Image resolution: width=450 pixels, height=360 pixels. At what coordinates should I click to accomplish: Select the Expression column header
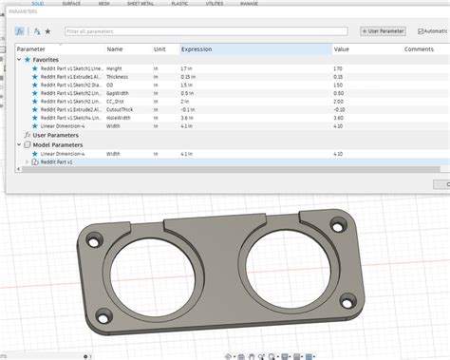click(197, 48)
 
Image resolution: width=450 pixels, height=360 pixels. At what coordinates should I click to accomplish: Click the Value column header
click(341, 48)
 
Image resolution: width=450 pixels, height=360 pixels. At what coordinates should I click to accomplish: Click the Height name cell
click(115, 68)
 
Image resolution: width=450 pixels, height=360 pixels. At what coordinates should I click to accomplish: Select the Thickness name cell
click(119, 77)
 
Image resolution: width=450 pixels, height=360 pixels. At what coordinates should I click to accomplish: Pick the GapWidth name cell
click(119, 93)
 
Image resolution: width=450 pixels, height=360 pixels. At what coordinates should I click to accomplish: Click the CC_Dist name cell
click(118, 102)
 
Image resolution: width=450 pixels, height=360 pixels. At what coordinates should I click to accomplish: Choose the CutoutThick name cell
click(121, 110)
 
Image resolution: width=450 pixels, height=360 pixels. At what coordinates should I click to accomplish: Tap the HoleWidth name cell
click(120, 119)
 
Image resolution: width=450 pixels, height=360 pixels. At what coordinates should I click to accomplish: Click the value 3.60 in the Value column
click(340, 119)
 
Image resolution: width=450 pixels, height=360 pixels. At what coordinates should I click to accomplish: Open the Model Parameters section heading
click(59, 144)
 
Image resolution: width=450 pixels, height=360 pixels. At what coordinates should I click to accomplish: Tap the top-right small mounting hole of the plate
click(340, 226)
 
